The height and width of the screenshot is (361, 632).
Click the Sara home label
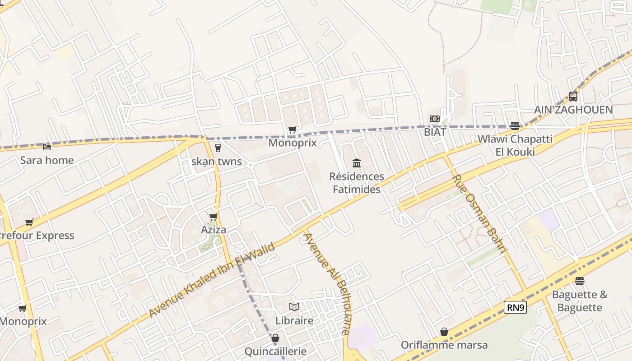47,160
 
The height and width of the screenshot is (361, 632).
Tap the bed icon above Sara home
47,147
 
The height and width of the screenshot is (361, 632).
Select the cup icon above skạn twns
218,148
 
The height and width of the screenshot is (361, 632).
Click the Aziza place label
214,230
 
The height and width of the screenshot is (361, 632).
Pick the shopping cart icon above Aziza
214,217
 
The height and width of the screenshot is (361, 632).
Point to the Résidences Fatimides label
357,183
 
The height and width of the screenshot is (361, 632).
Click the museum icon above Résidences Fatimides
357,163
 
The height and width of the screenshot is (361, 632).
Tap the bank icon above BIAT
435,119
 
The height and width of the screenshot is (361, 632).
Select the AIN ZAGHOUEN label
573,110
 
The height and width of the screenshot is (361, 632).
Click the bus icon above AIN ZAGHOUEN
573,96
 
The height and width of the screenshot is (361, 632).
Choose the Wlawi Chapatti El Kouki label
515,145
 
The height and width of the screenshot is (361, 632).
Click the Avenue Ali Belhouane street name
326,283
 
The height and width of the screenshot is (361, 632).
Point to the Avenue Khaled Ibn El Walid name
212,280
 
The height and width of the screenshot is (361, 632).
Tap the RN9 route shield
515,308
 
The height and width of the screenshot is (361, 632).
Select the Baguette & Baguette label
580,301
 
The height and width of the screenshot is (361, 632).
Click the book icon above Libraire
294,307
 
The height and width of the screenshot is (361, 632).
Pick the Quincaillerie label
275,351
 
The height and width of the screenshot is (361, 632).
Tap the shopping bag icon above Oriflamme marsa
444,332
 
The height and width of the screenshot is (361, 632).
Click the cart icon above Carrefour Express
29,222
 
